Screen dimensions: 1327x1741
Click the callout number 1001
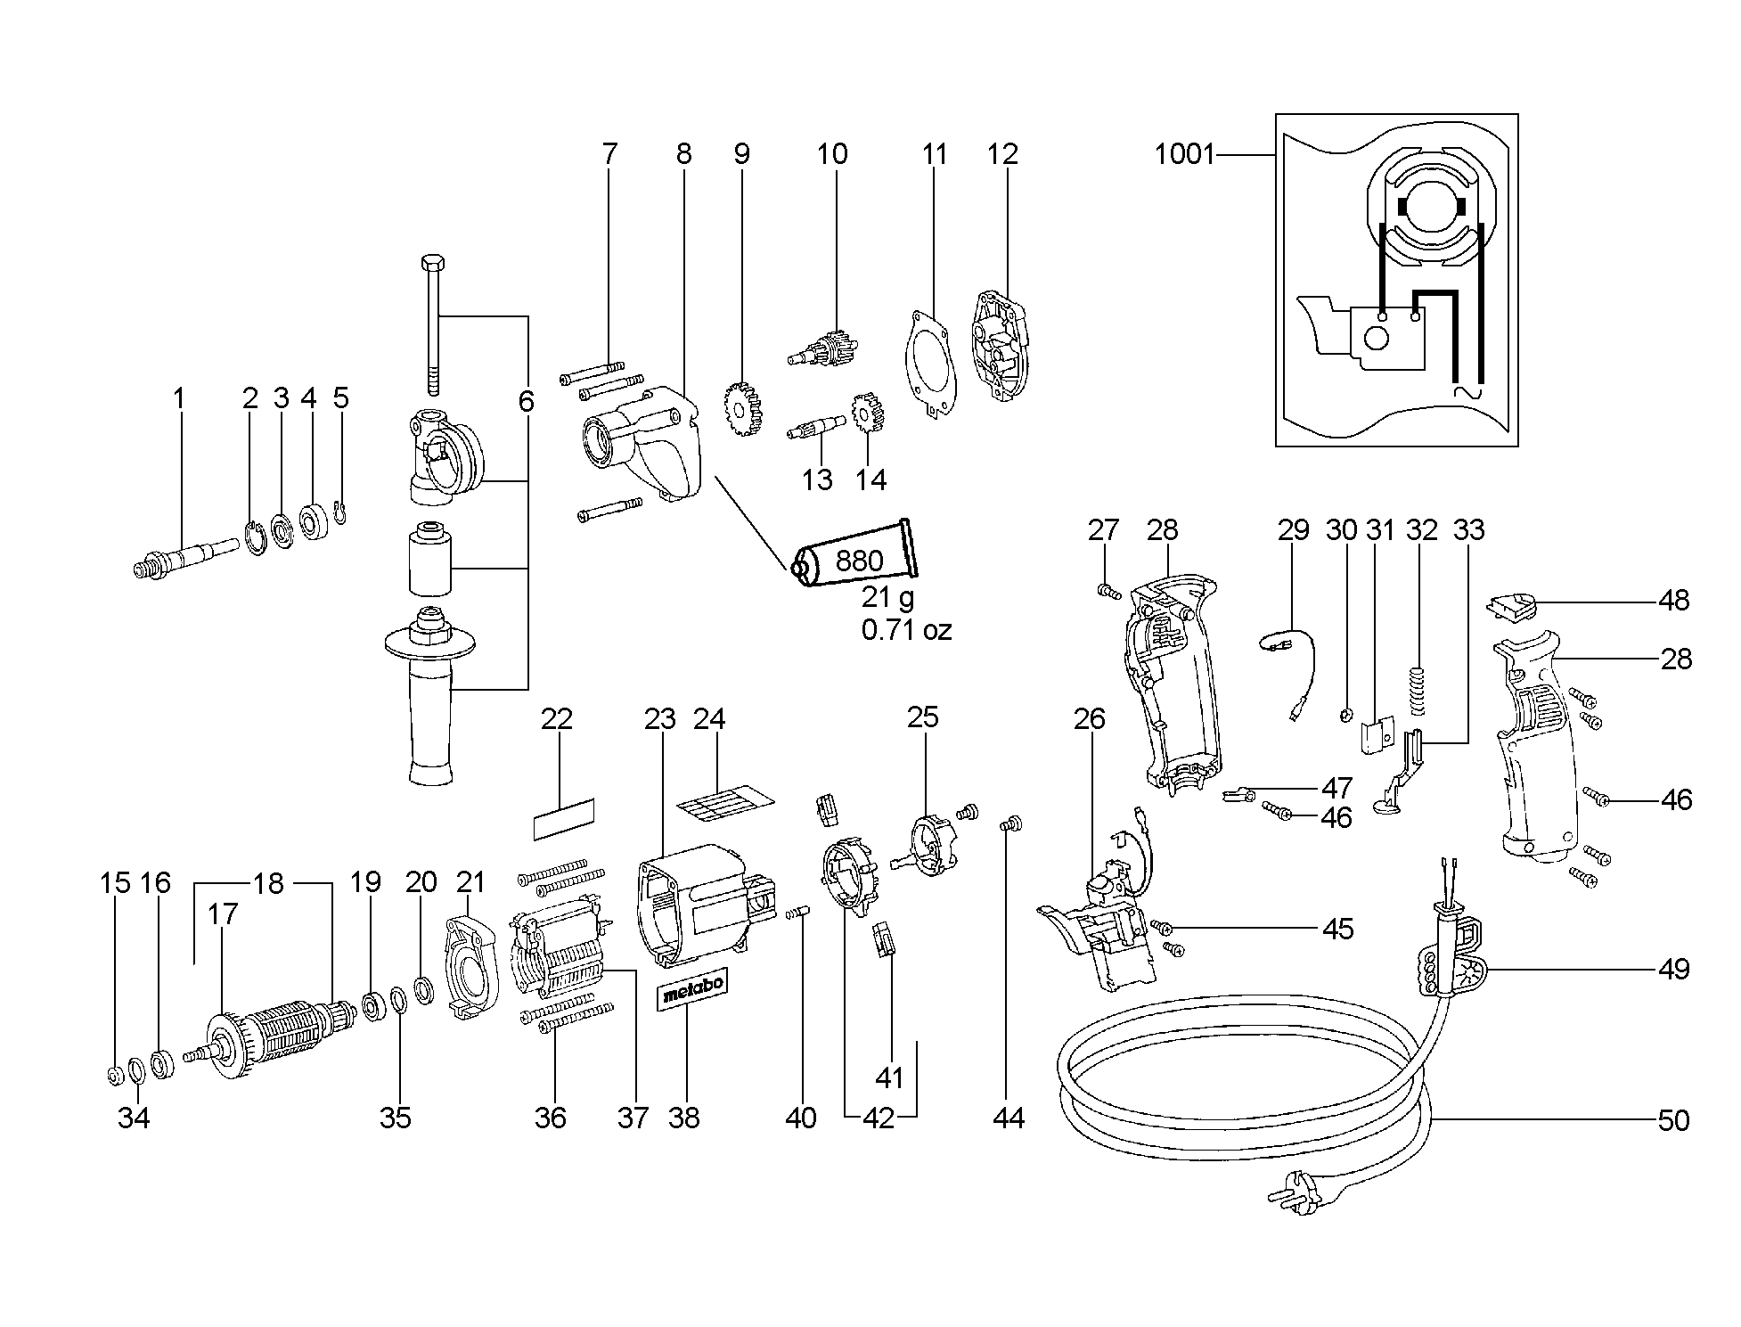click(x=1184, y=155)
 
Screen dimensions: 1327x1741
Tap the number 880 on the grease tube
click(x=859, y=561)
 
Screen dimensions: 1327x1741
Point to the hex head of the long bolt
click(x=431, y=266)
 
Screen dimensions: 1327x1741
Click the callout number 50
click(x=1674, y=1120)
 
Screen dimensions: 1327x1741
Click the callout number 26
click(x=1089, y=718)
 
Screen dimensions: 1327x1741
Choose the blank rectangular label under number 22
click(x=564, y=819)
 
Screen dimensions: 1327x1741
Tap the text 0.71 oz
click(x=906, y=630)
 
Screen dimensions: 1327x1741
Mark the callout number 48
click(x=1674, y=601)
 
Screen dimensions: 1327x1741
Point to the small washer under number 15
click(x=114, y=1076)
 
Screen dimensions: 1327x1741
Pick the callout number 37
click(x=633, y=1118)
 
